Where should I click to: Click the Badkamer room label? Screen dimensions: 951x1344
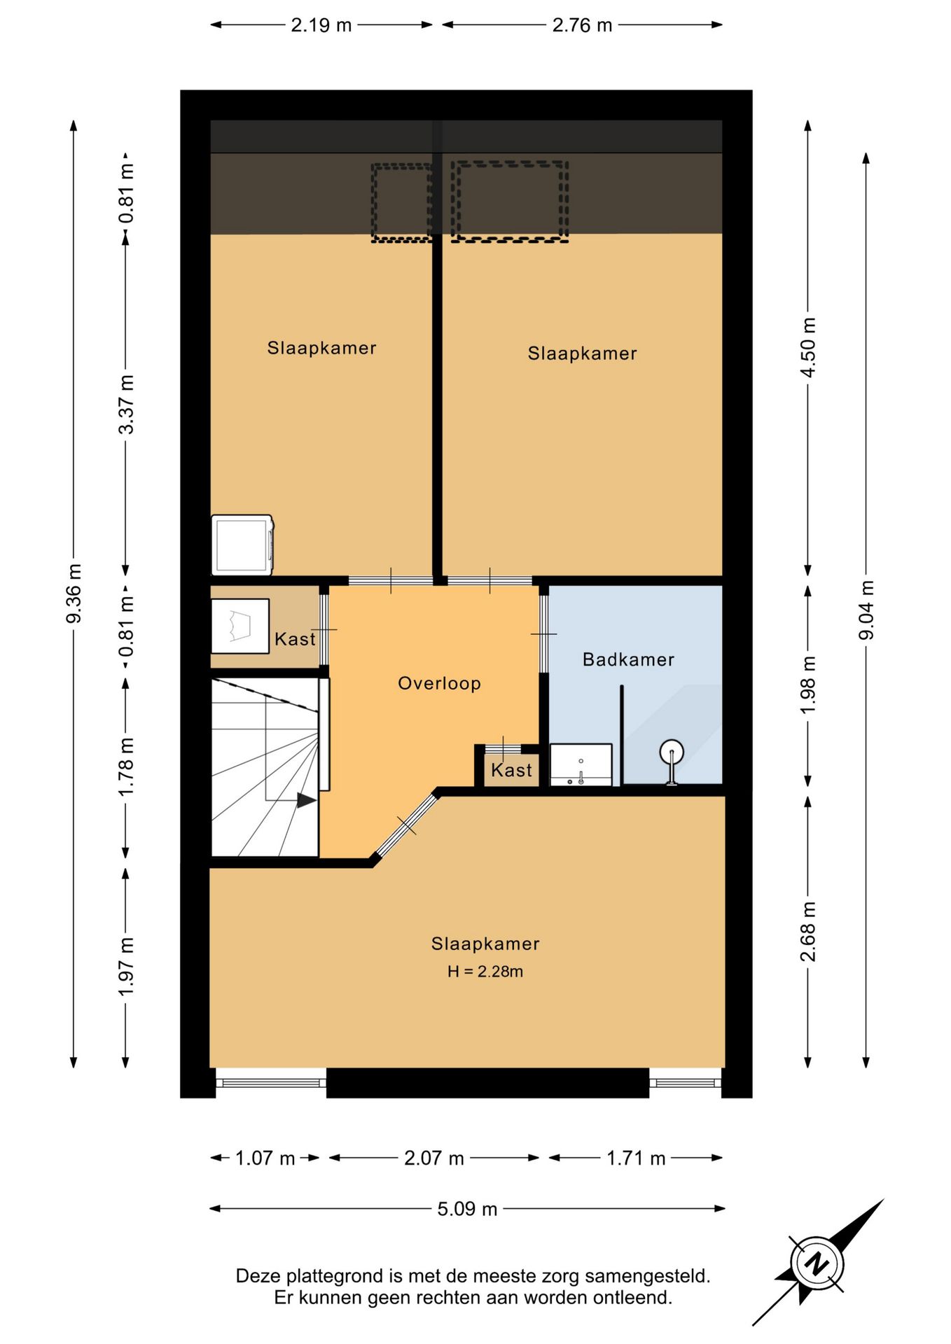pos(628,659)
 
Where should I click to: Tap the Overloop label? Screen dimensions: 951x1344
pos(439,683)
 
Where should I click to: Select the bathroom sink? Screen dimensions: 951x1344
pos(581,764)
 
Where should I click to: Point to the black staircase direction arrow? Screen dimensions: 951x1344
pos(306,799)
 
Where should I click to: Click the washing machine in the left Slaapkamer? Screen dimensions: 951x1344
pos(242,545)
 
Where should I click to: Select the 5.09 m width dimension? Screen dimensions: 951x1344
pos(467,1209)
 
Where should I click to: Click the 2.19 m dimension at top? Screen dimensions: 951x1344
pos(321,25)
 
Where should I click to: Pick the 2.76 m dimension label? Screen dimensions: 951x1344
pos(582,25)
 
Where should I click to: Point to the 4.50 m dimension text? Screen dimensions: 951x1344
pos(808,347)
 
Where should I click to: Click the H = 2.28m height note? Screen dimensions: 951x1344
pos(485,971)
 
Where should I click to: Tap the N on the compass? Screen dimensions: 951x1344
pos(817,1263)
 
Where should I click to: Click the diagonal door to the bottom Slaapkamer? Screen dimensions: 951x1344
pos(407,825)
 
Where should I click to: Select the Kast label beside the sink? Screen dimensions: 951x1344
pos(511,770)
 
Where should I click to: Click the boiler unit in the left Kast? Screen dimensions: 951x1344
pos(240,626)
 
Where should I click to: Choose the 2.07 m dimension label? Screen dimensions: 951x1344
pos(434,1158)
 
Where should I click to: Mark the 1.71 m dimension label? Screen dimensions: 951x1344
pos(636,1158)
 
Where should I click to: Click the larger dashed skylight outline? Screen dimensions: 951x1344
pos(509,202)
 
